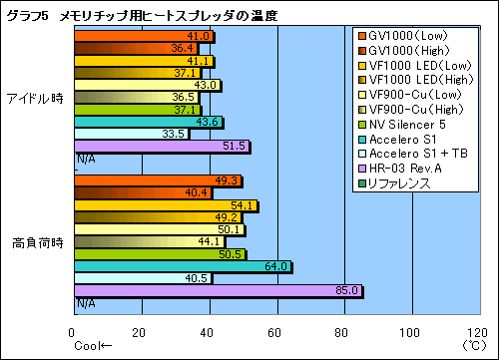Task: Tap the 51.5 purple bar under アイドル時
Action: tap(161, 147)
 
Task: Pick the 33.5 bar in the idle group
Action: tap(131, 134)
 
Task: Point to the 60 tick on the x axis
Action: tap(275, 333)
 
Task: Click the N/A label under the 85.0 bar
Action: tap(86, 303)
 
